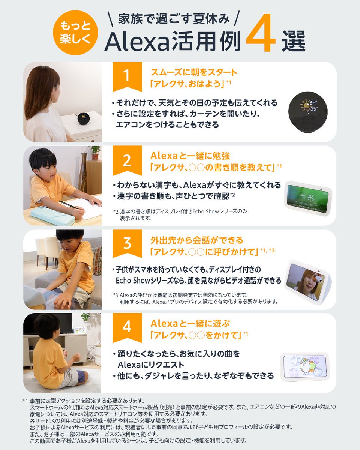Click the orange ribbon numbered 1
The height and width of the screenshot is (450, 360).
127,76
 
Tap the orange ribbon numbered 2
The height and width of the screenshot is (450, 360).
127,160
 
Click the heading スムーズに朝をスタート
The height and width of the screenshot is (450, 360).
193,72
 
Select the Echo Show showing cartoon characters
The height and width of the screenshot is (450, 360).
304,365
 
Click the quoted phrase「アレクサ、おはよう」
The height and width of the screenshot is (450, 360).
187,84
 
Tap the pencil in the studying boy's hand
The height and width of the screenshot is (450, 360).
69,205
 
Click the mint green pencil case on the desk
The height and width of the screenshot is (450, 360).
49,217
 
